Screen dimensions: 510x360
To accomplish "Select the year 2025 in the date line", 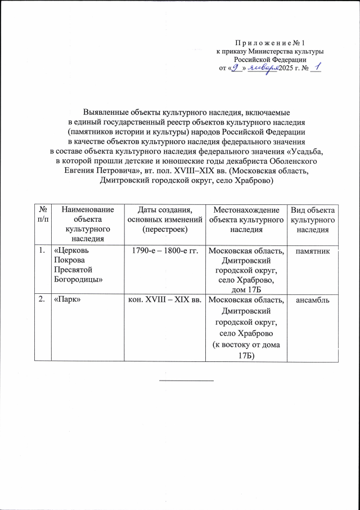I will coord(287,69).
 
